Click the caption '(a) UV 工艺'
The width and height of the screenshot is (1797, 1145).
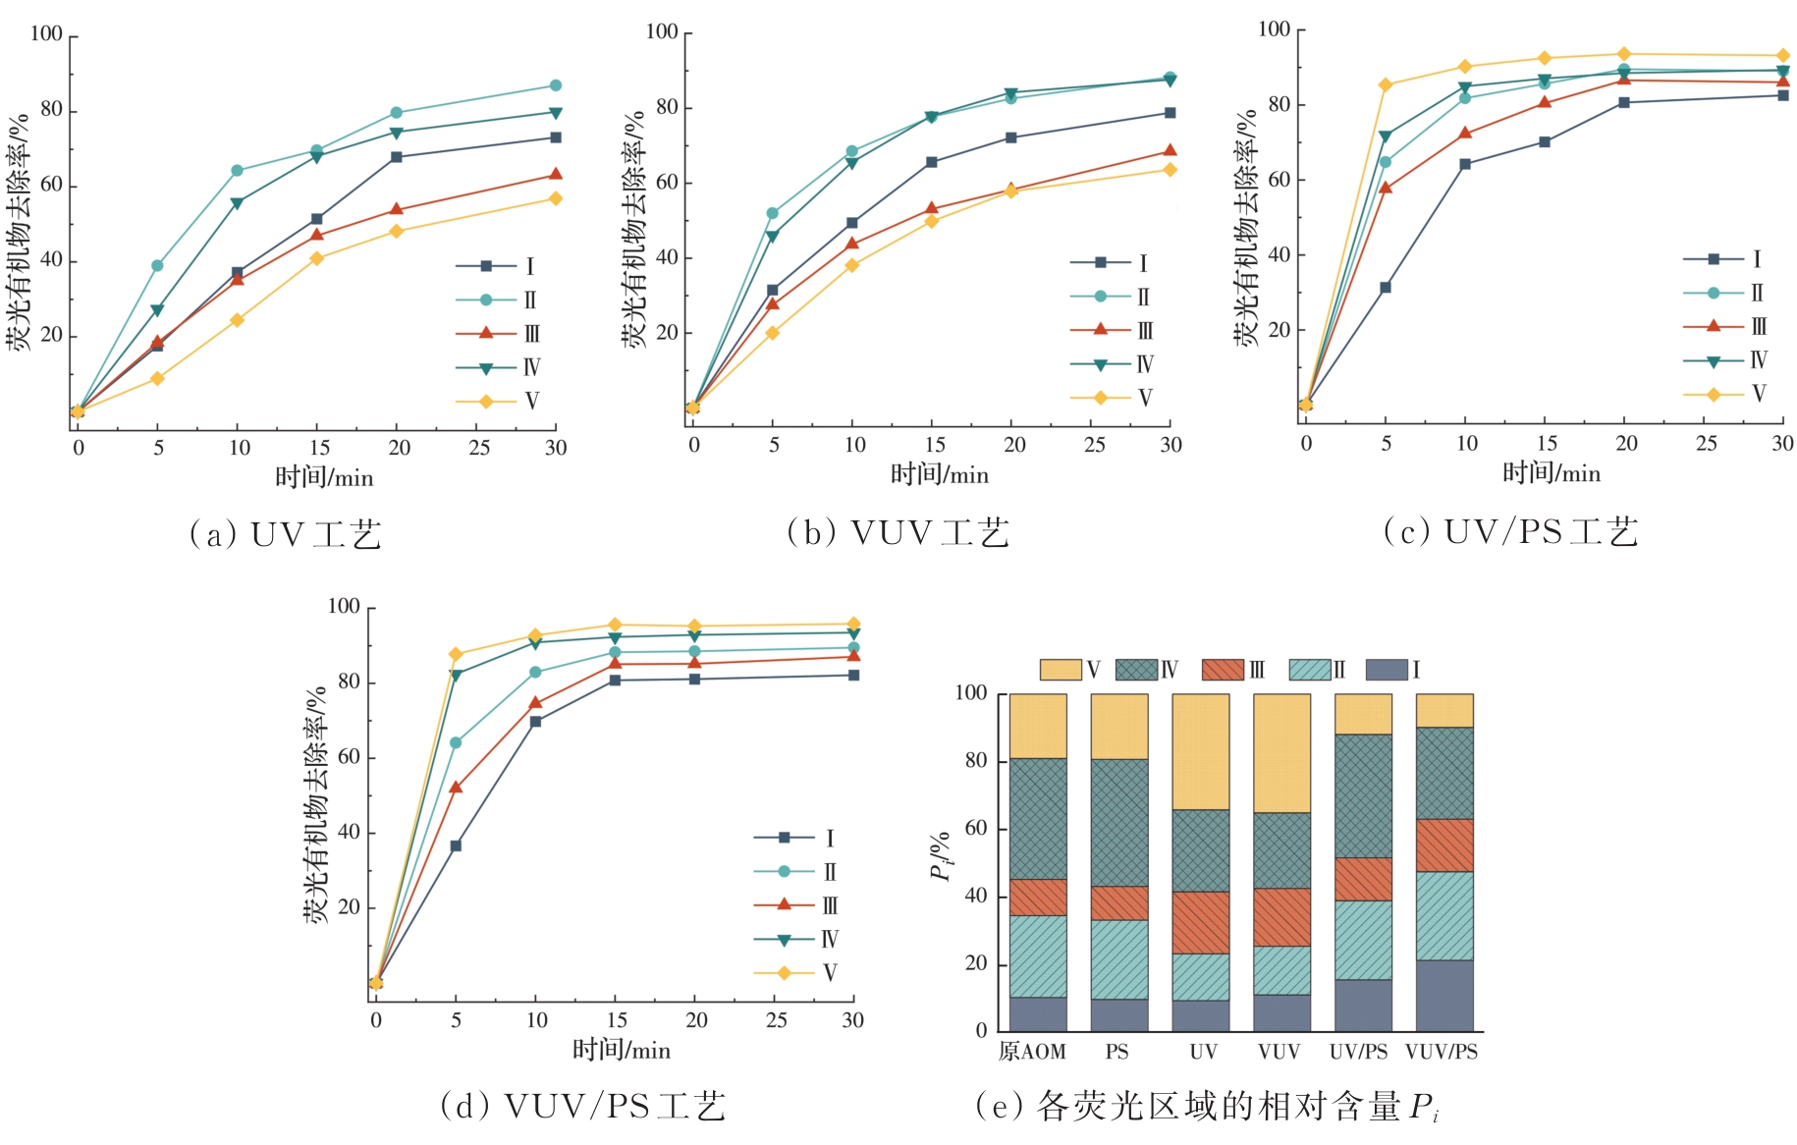click(x=285, y=535)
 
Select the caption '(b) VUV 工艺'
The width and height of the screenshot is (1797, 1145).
click(x=898, y=533)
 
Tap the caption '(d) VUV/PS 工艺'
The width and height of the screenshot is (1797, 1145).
click(x=583, y=1107)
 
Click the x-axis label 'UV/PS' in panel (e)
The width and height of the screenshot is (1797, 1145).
click(x=1358, y=1053)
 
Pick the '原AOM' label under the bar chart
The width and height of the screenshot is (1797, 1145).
click(x=1032, y=1053)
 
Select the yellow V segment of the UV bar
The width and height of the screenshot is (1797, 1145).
click(x=1200, y=752)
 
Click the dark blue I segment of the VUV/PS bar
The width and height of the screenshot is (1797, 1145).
click(x=1444, y=996)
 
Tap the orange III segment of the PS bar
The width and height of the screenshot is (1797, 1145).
click(x=1119, y=903)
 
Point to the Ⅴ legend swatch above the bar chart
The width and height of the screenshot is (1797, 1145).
click(x=1061, y=670)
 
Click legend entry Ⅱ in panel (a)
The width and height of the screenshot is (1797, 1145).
click(x=497, y=300)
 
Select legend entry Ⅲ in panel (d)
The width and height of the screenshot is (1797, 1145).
click(x=795, y=905)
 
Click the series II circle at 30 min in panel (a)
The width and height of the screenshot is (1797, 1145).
click(x=555, y=85)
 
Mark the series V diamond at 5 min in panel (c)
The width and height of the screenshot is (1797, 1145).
click(x=1386, y=85)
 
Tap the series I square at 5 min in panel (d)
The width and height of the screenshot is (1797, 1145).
click(x=456, y=845)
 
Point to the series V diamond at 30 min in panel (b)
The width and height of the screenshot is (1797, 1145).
click(x=1170, y=170)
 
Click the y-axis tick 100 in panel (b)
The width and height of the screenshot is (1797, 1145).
click(x=662, y=32)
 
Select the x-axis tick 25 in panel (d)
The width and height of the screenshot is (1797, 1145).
click(x=776, y=1021)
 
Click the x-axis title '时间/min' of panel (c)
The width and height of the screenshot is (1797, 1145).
click(x=1552, y=474)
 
